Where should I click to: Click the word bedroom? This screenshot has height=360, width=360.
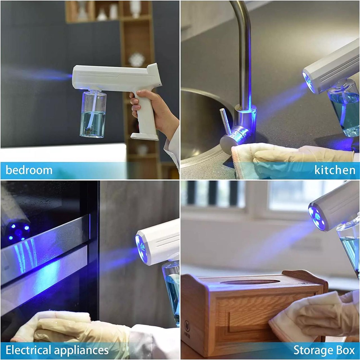[x=29, y=171]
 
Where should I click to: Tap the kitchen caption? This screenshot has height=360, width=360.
[x=335, y=171]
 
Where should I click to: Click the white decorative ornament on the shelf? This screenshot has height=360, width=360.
[x=136, y=60]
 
